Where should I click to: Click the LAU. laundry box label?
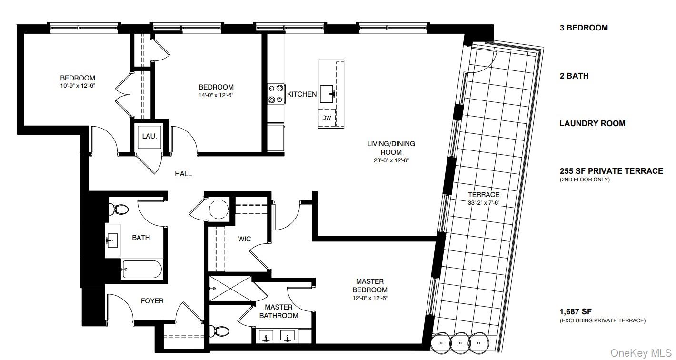click(x=149, y=136)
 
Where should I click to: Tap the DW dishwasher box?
click(x=327, y=118)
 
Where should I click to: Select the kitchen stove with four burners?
click(x=276, y=94)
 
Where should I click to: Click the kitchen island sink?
click(x=327, y=94)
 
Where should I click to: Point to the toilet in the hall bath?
click(x=119, y=209)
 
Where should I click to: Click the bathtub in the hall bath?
click(x=141, y=269)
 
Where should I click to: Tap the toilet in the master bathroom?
click(x=219, y=331)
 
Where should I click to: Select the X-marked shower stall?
click(x=230, y=289)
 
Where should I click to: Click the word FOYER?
click(x=152, y=301)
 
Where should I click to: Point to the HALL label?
click(x=183, y=173)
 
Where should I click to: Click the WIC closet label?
click(x=244, y=239)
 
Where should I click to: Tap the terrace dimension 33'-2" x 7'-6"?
click(x=484, y=203)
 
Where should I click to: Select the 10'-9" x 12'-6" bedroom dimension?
click(x=78, y=86)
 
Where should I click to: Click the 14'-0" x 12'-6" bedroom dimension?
click(x=216, y=95)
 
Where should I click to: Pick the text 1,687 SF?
click(x=576, y=311)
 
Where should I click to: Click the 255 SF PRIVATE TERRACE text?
click(x=611, y=171)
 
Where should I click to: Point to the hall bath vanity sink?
click(x=112, y=240)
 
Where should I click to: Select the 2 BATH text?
click(x=574, y=76)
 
